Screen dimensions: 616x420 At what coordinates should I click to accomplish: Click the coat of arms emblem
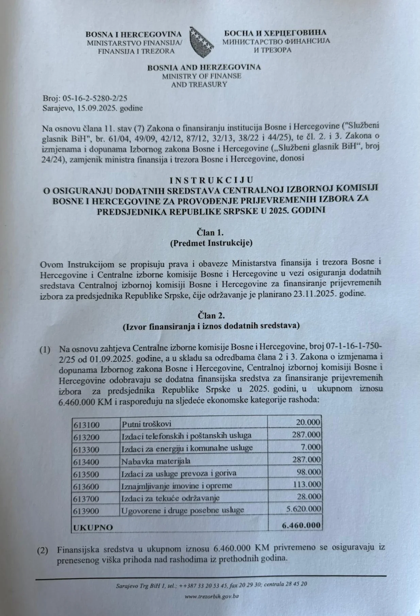point(202,42)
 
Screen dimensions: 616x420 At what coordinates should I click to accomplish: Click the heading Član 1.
point(210,233)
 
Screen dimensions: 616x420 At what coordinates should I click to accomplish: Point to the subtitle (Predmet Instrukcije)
point(211,243)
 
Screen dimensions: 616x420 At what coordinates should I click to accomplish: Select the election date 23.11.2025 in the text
point(321,294)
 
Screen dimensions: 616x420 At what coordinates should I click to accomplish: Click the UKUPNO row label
point(93,527)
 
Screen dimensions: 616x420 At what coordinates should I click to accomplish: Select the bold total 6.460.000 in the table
point(301,525)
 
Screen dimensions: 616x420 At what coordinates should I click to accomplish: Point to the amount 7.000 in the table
point(311,447)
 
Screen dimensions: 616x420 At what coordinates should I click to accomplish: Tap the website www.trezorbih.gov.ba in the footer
point(212,596)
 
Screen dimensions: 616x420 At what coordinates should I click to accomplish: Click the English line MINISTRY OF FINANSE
point(201,76)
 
